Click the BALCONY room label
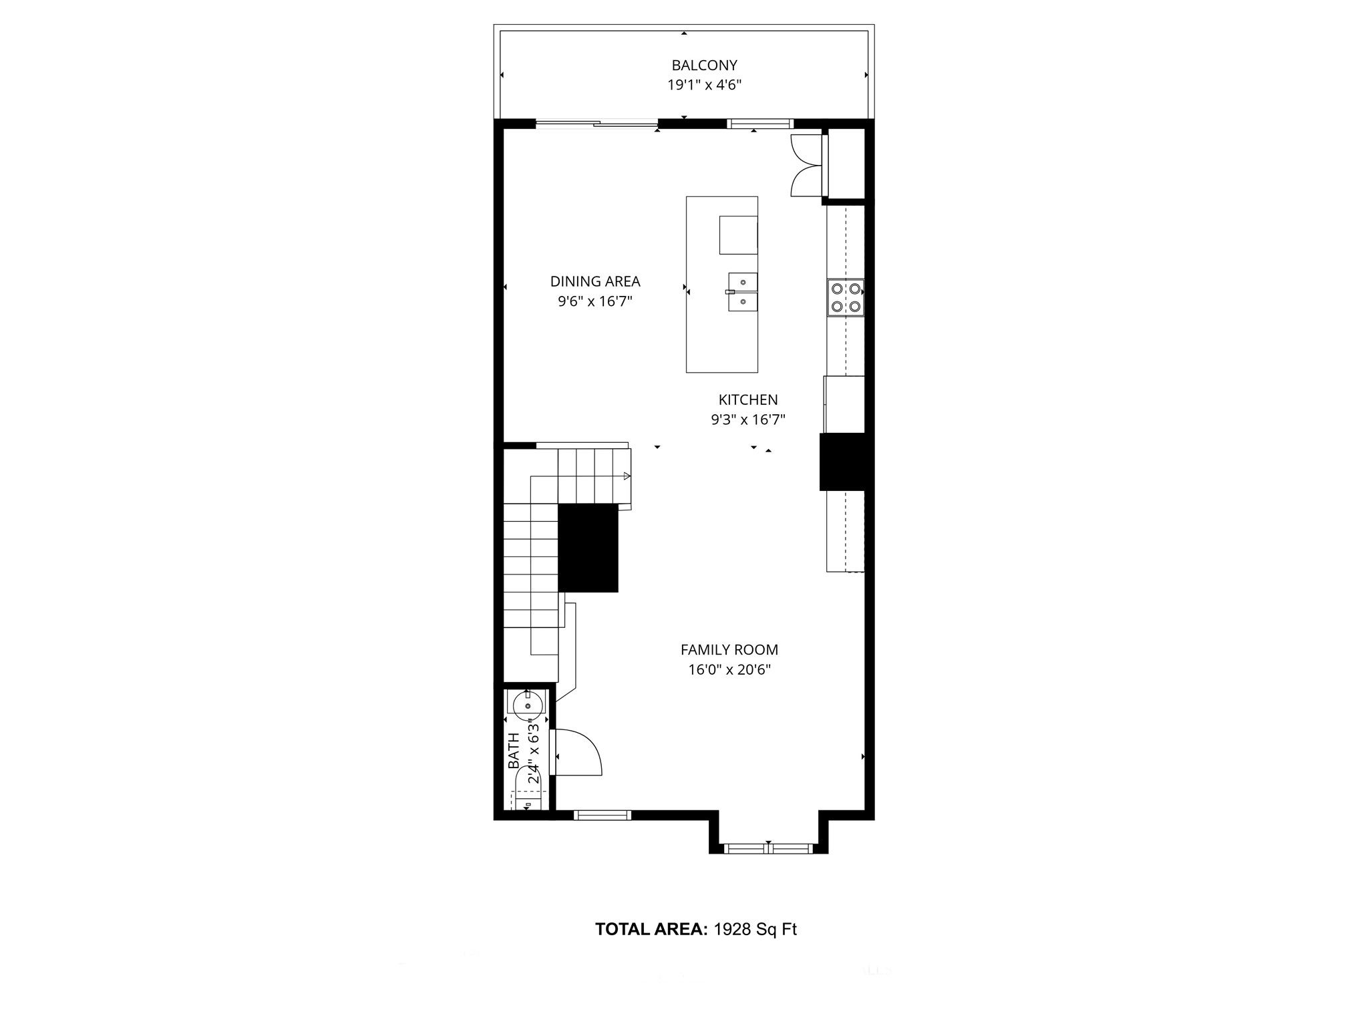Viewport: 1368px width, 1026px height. click(x=704, y=65)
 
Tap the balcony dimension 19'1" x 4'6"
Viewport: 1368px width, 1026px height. click(x=704, y=85)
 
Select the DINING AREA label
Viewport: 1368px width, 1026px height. click(x=595, y=282)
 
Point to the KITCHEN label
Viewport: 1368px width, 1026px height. click(x=748, y=400)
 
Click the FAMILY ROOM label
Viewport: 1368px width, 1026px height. click(x=729, y=650)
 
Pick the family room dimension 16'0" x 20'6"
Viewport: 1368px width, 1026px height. click(x=729, y=670)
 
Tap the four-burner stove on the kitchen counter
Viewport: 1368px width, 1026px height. click(x=845, y=297)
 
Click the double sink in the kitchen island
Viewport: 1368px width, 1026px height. click(x=742, y=293)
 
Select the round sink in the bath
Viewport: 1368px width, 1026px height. click(x=528, y=704)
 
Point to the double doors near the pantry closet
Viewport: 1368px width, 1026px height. click(x=806, y=165)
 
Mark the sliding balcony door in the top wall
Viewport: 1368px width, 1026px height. click(x=596, y=124)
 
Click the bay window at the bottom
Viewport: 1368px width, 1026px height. click(x=768, y=849)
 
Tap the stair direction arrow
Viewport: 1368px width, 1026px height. click(x=627, y=476)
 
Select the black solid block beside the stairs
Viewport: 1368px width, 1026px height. click(x=588, y=548)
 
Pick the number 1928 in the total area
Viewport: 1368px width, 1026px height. click(x=733, y=929)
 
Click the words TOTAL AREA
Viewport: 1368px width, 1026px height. click(x=651, y=929)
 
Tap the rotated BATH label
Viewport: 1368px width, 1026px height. click(x=514, y=751)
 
